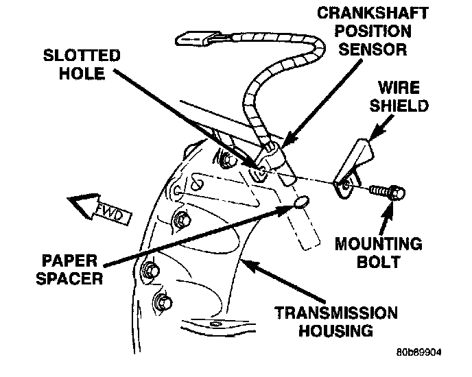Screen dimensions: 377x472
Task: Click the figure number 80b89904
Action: [x=418, y=352]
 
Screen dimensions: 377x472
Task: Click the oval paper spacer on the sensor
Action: [x=300, y=202]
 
